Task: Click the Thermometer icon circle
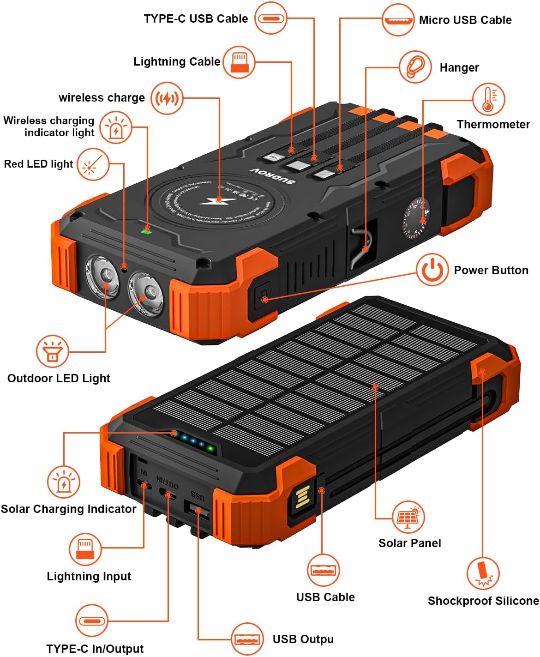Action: pos(488,99)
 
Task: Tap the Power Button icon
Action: pos(432,270)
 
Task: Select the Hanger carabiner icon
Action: pos(415,67)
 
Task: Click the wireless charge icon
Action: pos(167,98)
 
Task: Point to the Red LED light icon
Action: pos(93,164)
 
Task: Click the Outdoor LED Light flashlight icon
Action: pos(52,351)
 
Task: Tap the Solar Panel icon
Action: pos(408,517)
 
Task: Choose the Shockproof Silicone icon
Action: pos(482,573)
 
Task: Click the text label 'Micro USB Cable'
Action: pos(465,20)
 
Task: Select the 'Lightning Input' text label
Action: pos(89,576)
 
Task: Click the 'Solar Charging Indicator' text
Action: pos(68,509)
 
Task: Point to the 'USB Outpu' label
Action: pos(303,639)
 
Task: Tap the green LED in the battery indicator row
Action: pos(210,448)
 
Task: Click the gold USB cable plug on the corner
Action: pos(301,497)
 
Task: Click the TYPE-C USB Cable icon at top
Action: pos(271,18)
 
